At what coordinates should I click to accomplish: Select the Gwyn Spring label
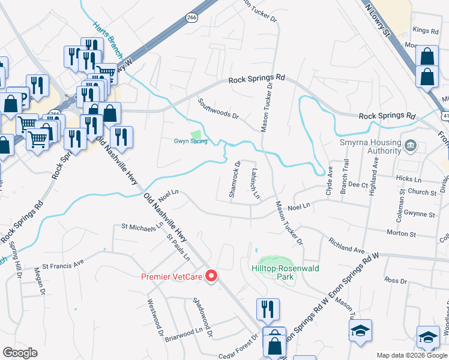tap(190, 141)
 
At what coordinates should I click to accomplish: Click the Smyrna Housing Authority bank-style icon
tap(411, 145)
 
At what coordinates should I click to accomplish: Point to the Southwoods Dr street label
tap(218, 109)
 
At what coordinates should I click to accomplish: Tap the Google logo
tap(20, 353)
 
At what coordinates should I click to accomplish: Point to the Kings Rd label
tap(426, 30)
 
